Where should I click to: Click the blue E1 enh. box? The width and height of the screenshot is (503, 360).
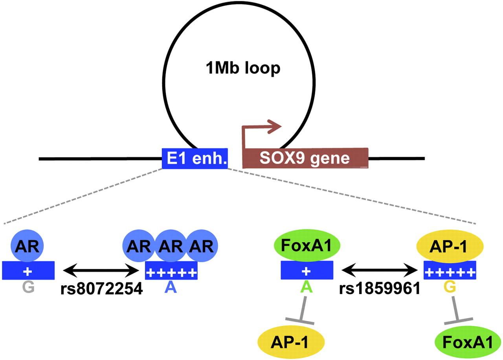click(x=195, y=159)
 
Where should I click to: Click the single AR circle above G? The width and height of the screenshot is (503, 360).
click(x=28, y=246)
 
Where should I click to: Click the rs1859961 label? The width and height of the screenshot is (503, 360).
click(x=379, y=289)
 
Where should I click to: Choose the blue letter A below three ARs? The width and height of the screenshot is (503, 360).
click(x=171, y=288)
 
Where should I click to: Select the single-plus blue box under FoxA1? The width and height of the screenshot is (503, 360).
click(x=307, y=270)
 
